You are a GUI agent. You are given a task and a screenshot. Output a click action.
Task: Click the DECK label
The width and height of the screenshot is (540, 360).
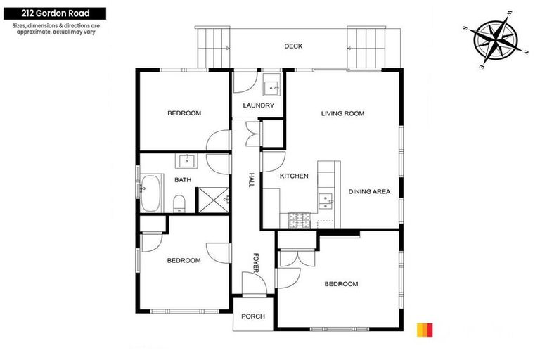[293, 46]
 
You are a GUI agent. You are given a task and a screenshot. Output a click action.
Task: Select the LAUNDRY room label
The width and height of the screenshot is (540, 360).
[258, 106]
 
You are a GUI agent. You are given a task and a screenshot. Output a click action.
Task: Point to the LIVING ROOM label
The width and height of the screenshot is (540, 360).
[343, 113]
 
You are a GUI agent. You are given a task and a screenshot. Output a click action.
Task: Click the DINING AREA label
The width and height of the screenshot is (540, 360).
[369, 191]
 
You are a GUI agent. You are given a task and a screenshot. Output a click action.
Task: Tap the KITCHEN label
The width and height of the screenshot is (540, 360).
[294, 176]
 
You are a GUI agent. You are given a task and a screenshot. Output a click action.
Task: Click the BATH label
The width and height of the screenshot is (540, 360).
[183, 180]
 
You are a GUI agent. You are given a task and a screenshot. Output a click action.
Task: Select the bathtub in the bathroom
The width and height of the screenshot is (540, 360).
[151, 192]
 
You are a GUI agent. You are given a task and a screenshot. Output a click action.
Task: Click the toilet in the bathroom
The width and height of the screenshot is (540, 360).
[179, 204]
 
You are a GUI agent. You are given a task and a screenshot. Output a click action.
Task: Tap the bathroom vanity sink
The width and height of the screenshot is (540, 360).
[186, 160]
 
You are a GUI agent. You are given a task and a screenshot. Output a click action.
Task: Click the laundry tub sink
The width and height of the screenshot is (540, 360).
[272, 88]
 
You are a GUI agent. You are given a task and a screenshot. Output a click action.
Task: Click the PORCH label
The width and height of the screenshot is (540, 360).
[253, 316]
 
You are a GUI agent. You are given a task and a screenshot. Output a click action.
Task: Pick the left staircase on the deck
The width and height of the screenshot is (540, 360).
[212, 48]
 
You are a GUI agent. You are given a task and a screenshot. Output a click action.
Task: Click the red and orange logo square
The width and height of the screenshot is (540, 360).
[425, 329]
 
